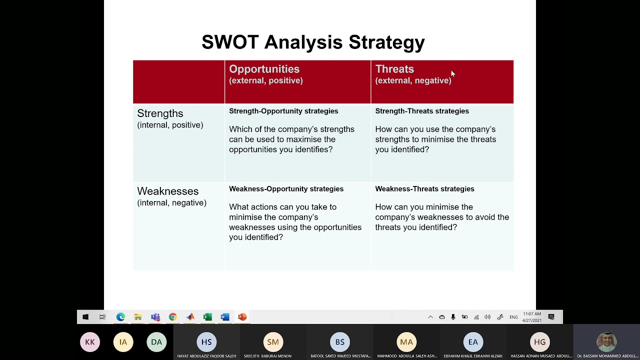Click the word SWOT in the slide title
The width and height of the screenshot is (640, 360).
coord(229,42)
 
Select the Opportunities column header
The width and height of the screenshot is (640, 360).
coord(264,69)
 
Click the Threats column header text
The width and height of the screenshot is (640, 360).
coord(394,69)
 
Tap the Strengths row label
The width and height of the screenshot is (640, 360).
coord(160,113)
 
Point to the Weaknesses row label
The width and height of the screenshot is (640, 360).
coord(167,191)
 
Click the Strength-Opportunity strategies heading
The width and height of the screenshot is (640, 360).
coord(283,111)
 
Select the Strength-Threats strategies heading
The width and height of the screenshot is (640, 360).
coord(422,111)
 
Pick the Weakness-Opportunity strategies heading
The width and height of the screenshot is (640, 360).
coord(286,189)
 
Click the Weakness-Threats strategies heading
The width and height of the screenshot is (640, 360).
coord(424,189)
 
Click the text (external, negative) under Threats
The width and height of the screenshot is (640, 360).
coord(413,80)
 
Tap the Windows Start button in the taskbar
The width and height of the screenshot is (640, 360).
coord(85,317)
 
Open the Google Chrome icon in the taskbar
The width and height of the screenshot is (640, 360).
coord(172,317)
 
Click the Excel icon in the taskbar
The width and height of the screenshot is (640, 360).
coord(207,317)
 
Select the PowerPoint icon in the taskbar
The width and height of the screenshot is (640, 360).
coord(242,317)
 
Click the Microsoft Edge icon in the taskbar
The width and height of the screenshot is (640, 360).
coord(120,317)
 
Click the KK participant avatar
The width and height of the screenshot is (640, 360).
coord(90,342)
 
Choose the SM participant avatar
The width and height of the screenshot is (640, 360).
coord(273,342)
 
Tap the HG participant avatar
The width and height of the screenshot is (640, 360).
coord(540,342)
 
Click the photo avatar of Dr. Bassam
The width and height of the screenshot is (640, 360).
coord(606,342)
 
